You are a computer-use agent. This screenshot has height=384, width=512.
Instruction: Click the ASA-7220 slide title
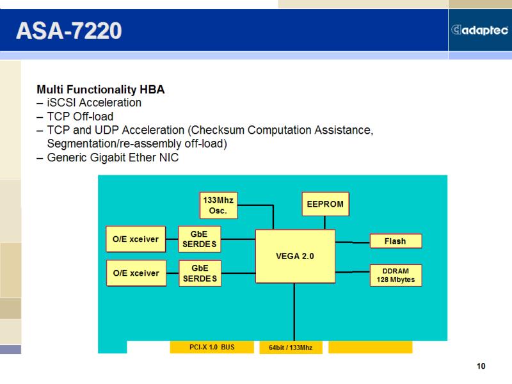[69, 31]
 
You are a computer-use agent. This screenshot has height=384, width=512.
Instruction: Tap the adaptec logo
[479, 30]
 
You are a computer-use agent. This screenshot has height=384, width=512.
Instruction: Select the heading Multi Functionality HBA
[100, 90]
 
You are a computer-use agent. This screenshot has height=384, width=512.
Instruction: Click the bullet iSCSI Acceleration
[89, 103]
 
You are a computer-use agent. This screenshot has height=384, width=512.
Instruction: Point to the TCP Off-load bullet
[75, 116]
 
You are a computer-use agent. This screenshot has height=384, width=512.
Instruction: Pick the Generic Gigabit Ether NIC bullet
[108, 157]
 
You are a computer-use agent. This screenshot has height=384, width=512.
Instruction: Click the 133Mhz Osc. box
[218, 205]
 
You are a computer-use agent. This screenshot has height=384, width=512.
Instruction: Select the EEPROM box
[325, 204]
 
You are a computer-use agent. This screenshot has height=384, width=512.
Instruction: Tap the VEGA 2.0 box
[295, 256]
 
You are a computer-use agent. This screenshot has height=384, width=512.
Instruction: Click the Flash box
[396, 241]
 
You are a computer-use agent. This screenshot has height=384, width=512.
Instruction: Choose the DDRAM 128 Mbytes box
[396, 275]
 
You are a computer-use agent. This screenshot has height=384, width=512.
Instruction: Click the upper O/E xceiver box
[136, 239]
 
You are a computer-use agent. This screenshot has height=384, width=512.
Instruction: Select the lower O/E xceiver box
[136, 273]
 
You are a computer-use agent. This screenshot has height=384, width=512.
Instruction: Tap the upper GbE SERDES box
[200, 239]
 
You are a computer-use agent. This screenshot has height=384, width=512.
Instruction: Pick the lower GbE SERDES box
[200, 273]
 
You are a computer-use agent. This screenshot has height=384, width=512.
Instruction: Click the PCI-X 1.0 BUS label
[212, 347]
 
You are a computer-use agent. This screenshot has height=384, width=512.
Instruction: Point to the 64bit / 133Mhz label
[291, 348]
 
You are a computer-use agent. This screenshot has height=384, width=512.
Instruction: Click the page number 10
[481, 366]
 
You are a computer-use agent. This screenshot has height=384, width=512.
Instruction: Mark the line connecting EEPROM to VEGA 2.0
[324, 223]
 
